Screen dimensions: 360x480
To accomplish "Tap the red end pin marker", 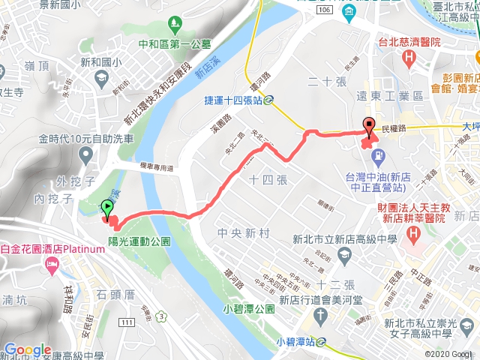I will pos(368,126).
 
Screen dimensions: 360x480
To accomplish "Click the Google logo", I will pos(27,350).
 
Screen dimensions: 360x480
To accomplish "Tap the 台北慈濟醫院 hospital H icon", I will pos(408,58).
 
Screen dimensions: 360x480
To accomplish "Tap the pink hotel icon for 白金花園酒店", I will pos(51,264).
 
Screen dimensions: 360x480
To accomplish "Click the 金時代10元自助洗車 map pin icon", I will pos(83,156).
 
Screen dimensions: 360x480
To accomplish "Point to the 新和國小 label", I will pos(91,63).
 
